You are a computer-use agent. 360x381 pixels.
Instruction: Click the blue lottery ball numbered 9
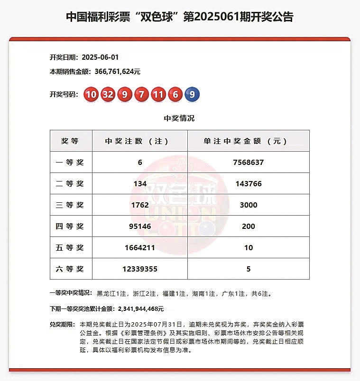192,94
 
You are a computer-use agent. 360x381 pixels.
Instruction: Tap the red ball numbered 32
108,94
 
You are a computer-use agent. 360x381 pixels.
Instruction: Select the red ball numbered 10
91,94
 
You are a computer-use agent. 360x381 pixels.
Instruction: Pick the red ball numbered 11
157,94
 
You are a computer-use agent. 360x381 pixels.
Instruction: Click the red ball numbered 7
141,94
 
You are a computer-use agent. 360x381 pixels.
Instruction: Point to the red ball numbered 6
175,94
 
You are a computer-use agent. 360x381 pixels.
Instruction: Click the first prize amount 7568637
248,162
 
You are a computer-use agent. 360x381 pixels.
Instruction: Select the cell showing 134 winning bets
140,183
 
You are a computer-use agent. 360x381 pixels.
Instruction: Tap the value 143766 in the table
248,183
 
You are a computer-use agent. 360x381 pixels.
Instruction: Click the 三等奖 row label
70,205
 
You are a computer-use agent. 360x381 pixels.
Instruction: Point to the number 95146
140,227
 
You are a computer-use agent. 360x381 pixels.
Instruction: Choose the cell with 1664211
140,248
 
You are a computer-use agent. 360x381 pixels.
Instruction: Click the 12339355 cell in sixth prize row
140,269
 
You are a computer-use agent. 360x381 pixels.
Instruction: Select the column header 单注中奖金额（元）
248,141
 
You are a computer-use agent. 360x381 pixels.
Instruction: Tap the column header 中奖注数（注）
140,141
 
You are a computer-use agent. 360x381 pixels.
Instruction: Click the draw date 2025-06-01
100,57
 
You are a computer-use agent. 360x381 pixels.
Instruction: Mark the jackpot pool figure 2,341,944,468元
140,309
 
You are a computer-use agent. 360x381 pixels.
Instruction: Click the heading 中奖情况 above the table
179,118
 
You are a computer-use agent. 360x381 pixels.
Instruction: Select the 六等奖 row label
70,269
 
